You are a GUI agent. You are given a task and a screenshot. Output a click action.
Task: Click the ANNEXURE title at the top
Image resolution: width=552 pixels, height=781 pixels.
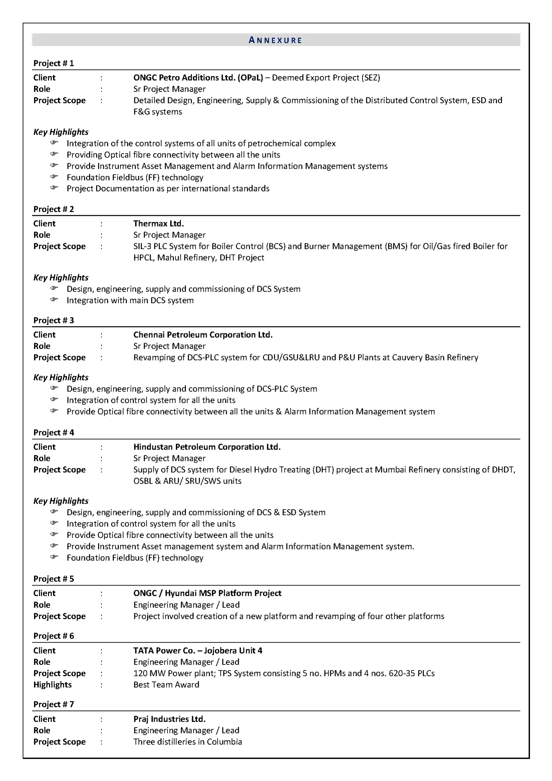[275, 40]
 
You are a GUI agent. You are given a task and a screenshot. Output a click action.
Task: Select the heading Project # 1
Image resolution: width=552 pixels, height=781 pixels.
[53, 63]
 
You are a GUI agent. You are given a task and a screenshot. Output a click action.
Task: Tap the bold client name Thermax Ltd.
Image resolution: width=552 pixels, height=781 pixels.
[158, 224]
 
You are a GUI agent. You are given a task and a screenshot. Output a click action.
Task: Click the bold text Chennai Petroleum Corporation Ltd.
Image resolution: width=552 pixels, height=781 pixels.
[203, 335]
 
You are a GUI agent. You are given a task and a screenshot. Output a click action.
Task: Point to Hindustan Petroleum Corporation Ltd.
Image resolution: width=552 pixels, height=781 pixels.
[207, 447]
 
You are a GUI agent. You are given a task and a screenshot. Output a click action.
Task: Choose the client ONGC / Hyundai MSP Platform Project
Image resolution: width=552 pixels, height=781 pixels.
[207, 593]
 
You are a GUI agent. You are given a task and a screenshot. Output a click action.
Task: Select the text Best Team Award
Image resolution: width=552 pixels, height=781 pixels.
[166, 685]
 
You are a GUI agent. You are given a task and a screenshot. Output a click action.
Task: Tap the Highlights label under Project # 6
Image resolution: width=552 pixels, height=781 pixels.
[52, 685]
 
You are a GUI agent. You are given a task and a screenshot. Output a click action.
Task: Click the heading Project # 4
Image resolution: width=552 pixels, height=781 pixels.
[53, 433]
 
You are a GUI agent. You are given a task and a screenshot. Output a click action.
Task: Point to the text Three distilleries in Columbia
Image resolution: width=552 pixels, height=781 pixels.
[188, 742]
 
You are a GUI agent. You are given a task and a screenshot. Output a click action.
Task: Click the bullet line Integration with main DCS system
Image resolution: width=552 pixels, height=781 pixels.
[130, 300]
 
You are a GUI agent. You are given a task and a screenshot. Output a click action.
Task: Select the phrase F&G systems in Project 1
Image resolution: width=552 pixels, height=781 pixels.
[157, 112]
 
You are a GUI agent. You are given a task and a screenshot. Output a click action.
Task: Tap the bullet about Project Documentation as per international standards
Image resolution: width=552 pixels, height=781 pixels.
[168, 189]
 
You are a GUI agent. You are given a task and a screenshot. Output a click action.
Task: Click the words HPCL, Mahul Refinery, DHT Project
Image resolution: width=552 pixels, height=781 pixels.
[198, 258]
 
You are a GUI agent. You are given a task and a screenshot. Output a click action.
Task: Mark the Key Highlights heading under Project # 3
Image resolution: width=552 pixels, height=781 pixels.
[60, 377]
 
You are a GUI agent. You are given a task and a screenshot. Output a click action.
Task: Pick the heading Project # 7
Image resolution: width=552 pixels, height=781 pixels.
[53, 705]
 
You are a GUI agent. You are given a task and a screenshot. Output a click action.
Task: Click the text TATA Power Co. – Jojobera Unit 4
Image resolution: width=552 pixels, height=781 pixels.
[197, 651]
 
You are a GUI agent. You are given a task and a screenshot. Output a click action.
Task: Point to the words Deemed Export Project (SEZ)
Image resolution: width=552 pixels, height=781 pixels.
[326, 78]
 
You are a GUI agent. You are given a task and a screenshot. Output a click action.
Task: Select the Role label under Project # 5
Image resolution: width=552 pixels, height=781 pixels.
[41, 605]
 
